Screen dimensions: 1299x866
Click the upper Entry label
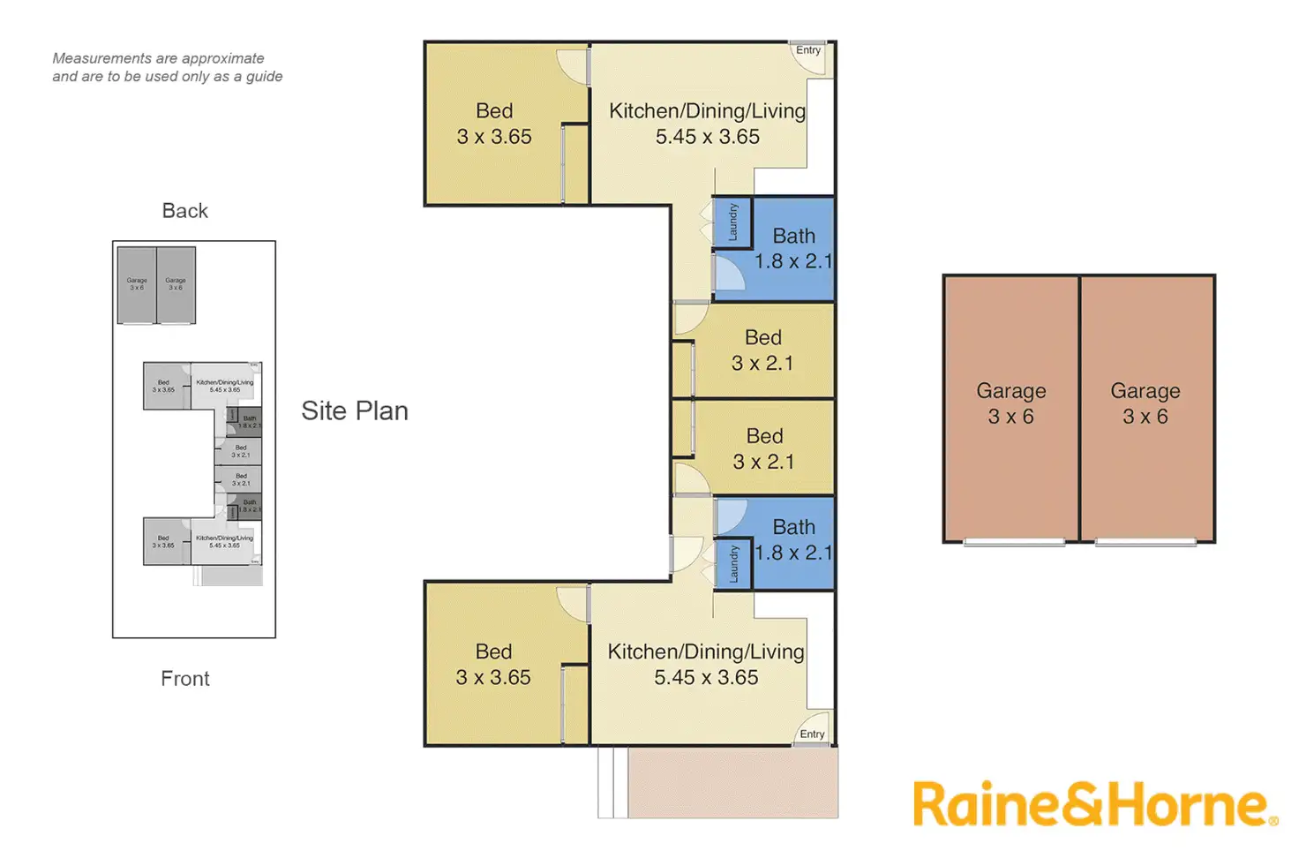pos(807,50)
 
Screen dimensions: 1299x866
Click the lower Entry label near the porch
pos(812,734)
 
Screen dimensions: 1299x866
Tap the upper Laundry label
pos(732,222)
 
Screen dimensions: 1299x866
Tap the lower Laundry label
pos(733,563)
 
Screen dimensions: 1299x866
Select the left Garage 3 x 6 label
pos(1010,403)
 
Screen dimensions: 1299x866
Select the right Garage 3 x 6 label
pos(1145,403)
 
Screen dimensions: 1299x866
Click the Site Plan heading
pos(355,410)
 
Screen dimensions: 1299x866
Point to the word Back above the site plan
pos(185,211)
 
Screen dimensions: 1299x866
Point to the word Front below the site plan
pos(185,678)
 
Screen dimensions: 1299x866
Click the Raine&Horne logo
pos(1094,804)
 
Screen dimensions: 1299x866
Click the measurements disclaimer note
pos(167,67)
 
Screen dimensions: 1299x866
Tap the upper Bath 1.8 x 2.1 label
pos(793,248)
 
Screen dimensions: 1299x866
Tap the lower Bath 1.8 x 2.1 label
pos(793,539)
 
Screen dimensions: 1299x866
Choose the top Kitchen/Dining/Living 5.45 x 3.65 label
pos(707,124)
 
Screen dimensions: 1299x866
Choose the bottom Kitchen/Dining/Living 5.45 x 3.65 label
pos(706,664)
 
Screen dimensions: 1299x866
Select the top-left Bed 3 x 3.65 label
pos(494,124)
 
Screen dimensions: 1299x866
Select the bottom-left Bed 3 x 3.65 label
pos(493,664)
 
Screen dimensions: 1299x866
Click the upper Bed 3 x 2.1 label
pos(762,350)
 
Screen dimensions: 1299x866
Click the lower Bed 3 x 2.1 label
pos(763,448)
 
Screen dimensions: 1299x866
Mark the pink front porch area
pos(732,782)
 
